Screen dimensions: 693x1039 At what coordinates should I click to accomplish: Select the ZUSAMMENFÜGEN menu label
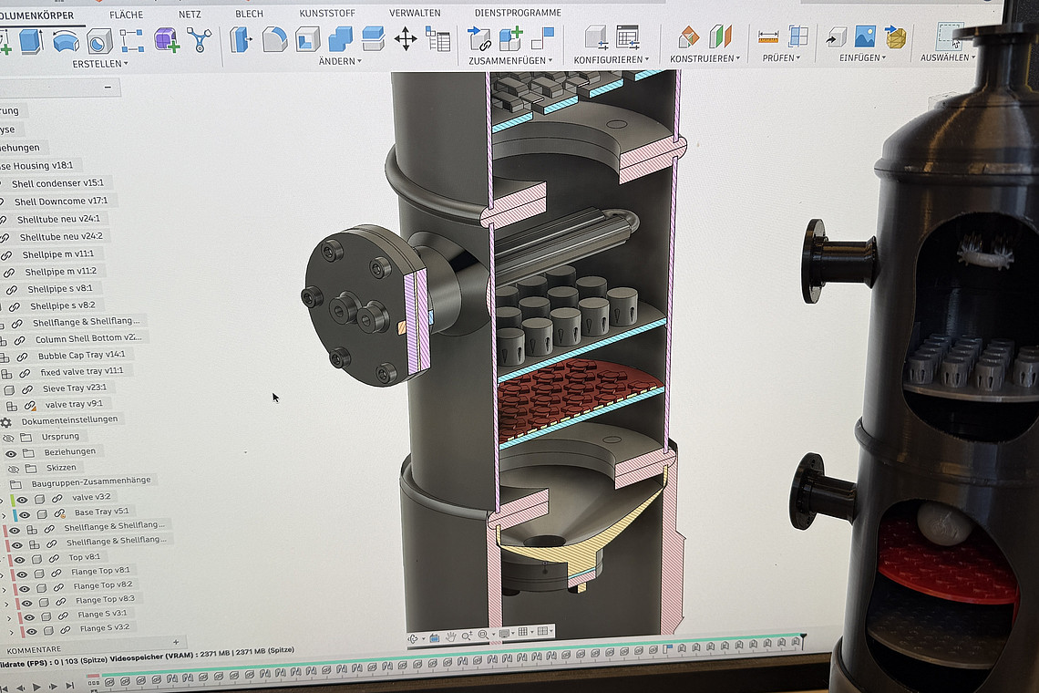(x=507, y=60)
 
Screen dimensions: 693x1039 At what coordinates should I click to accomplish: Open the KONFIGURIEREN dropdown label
(x=609, y=59)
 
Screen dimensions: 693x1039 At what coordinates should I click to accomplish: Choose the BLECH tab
(x=249, y=14)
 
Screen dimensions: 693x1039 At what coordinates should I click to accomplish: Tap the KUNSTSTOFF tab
(x=327, y=14)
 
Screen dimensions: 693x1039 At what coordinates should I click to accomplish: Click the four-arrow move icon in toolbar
(x=405, y=38)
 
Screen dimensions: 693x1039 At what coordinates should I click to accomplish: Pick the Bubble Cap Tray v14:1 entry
(x=81, y=355)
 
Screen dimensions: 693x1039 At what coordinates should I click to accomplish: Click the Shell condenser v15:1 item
(x=57, y=183)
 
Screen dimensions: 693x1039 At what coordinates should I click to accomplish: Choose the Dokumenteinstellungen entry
(x=69, y=419)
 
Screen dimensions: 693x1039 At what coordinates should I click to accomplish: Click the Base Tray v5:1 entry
(x=101, y=512)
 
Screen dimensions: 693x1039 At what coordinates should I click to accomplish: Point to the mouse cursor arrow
(x=275, y=397)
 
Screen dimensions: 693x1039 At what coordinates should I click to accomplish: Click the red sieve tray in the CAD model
(x=574, y=392)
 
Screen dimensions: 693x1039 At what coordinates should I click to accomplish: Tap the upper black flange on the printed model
(x=814, y=260)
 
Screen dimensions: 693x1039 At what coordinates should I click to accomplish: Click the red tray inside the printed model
(x=948, y=565)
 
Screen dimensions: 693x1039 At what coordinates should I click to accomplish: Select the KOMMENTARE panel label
(x=34, y=649)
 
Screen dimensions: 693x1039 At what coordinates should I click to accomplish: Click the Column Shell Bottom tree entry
(x=87, y=338)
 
